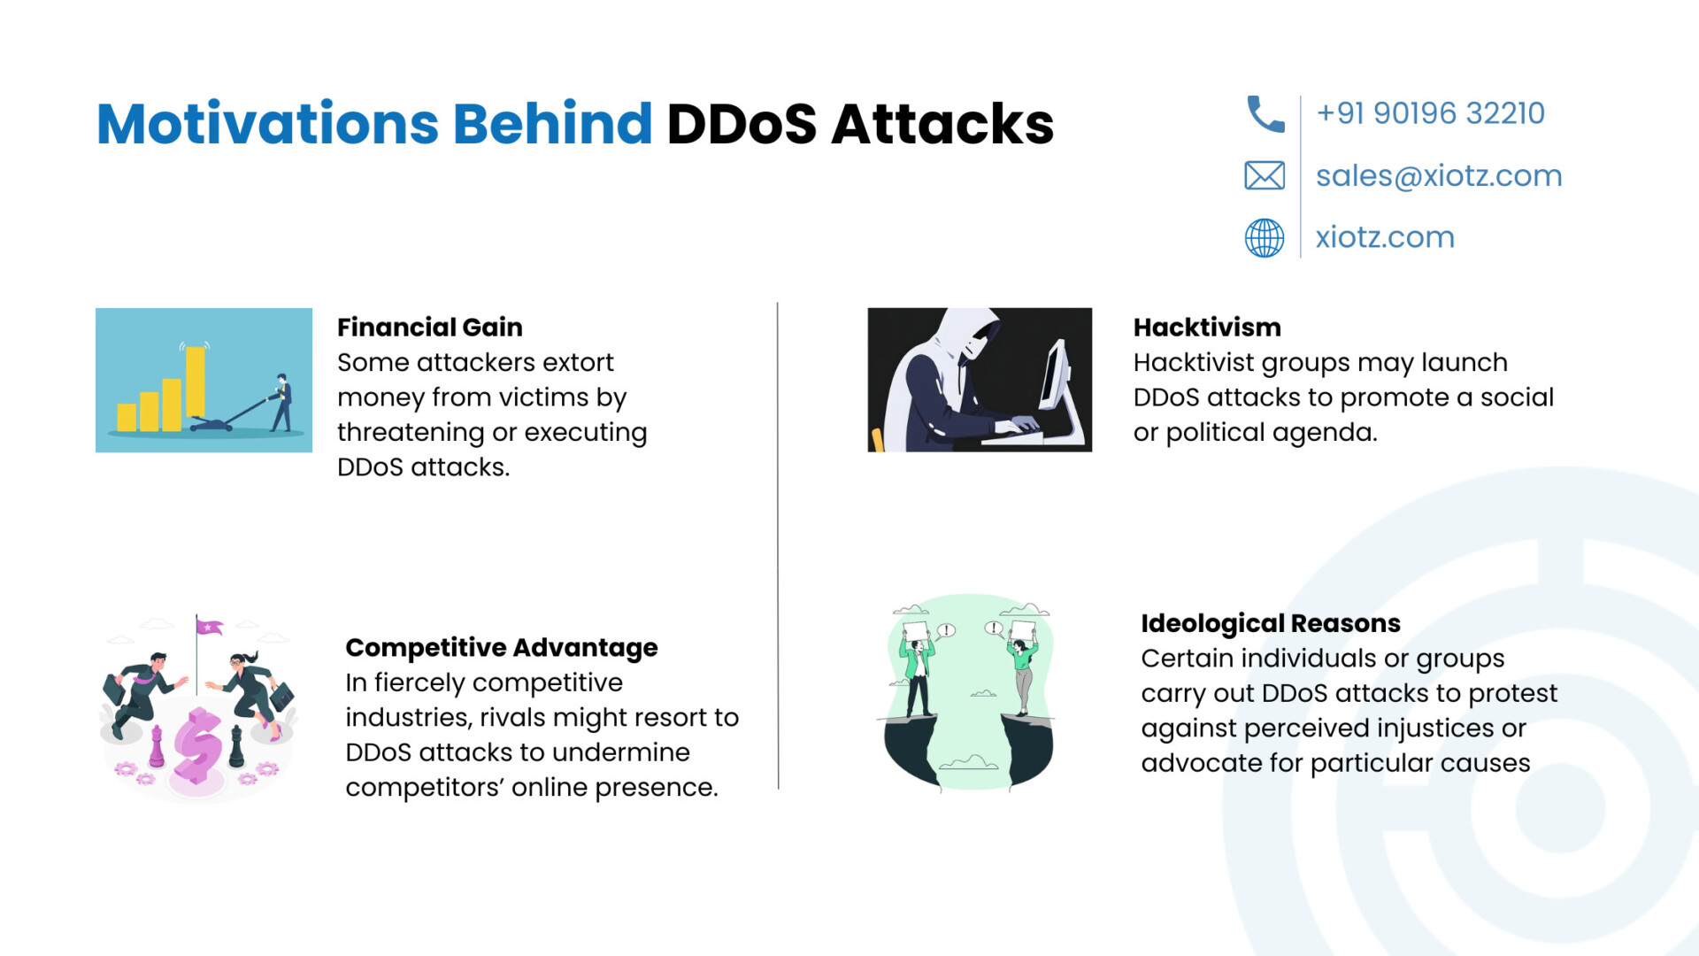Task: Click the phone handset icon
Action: (x=1265, y=114)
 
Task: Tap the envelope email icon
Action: (x=1265, y=176)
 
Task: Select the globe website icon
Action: (x=1265, y=238)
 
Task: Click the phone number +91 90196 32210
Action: (x=1430, y=113)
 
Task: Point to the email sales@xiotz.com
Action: (x=1439, y=176)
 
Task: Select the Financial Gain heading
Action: (x=430, y=328)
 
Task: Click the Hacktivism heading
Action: (x=1207, y=328)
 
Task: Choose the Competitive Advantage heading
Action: (x=502, y=648)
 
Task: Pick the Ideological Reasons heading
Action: (x=1271, y=623)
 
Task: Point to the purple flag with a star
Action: (x=210, y=627)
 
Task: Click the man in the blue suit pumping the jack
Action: (x=282, y=403)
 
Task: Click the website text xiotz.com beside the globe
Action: (x=1385, y=237)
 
